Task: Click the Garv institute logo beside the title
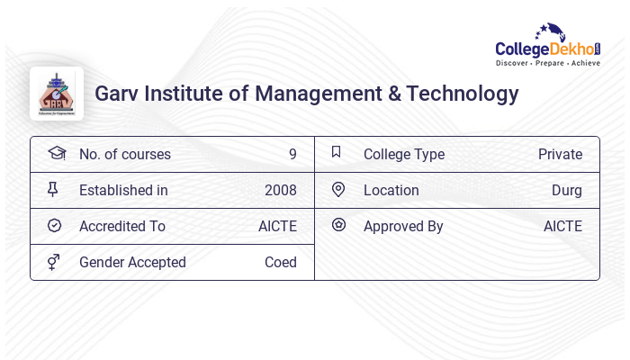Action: tap(57, 94)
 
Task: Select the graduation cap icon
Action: tap(56, 154)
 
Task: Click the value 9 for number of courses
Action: tap(292, 154)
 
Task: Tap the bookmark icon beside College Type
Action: tap(337, 153)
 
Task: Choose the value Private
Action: tap(560, 154)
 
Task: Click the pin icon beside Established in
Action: tap(53, 190)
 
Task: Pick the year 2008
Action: tap(281, 190)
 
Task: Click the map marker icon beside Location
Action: tap(338, 190)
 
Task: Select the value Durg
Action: tap(567, 190)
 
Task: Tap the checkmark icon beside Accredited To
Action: tap(54, 226)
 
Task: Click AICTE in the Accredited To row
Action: tap(277, 226)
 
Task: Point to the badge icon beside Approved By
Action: tap(338, 226)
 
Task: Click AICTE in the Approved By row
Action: tap(562, 226)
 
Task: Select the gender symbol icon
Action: tap(54, 262)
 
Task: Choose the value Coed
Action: tap(281, 262)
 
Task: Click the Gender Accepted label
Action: tap(132, 262)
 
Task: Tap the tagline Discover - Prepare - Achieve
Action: tap(547, 64)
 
